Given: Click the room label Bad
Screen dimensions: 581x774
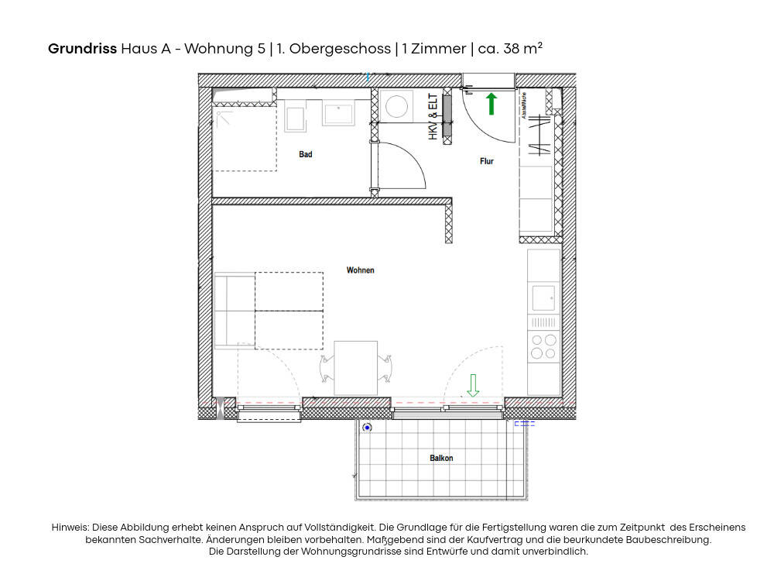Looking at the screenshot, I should (x=306, y=155).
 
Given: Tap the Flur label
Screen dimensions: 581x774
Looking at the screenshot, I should (x=486, y=161).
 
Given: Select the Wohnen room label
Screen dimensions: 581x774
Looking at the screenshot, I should (x=361, y=270).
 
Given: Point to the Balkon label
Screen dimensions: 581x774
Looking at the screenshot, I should (x=441, y=458).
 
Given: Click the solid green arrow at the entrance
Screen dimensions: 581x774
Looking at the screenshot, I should (x=491, y=104).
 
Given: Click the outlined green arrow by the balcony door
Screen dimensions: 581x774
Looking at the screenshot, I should (x=473, y=384).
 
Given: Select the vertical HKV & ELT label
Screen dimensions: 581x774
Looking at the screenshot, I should (x=433, y=118).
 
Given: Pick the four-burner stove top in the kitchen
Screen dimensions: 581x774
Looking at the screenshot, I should (x=543, y=346).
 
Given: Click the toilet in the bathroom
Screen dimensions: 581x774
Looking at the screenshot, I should (x=295, y=119).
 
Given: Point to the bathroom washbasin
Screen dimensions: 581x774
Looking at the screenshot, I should (x=338, y=113).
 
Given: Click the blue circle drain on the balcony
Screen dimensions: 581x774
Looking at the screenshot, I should (x=367, y=428).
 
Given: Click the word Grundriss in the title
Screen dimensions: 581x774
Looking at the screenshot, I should (x=82, y=48).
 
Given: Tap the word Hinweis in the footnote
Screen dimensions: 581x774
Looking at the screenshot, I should (x=70, y=528).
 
